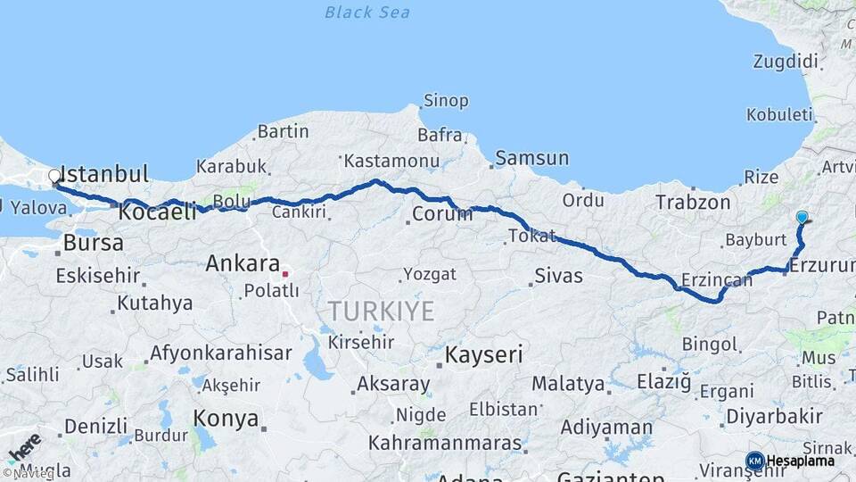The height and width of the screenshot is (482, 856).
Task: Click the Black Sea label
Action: [x=367, y=12]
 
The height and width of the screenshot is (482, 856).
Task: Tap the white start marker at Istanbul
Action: [x=54, y=177]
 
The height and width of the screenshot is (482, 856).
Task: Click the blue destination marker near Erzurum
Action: [x=802, y=217]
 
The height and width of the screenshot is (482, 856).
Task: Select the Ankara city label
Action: [x=243, y=263]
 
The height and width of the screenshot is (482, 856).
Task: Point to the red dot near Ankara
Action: [x=284, y=274]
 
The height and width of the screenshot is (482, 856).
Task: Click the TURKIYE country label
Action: [x=381, y=312]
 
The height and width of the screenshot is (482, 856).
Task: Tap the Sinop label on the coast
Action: [x=446, y=101]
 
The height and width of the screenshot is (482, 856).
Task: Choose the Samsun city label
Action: [x=531, y=158]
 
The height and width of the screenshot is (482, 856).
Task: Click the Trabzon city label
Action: [x=693, y=203]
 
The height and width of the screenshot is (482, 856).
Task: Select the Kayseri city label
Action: [x=484, y=354]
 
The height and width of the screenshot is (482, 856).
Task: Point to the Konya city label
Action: [x=226, y=419]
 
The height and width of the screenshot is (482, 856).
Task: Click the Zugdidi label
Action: [x=785, y=62]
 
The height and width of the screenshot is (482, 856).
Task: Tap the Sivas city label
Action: [x=559, y=275]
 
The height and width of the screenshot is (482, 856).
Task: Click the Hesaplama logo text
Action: [x=801, y=461]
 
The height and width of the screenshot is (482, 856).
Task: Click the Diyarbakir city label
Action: [x=773, y=416]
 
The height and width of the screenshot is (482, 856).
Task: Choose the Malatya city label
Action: [x=568, y=384]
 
